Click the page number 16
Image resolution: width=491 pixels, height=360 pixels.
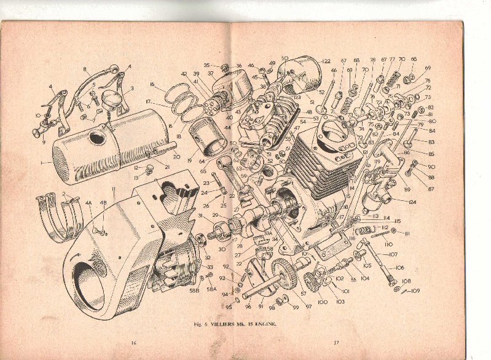tap(132, 343)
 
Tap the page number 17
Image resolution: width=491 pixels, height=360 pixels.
tap(336, 343)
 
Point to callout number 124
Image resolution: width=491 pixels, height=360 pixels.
tap(412, 202)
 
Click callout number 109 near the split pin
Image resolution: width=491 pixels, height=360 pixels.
tap(415, 290)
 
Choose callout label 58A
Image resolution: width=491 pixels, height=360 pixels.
tap(211, 289)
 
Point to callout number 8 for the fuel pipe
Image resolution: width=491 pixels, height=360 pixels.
tap(85, 69)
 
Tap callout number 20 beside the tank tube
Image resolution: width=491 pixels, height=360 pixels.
tap(176, 156)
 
